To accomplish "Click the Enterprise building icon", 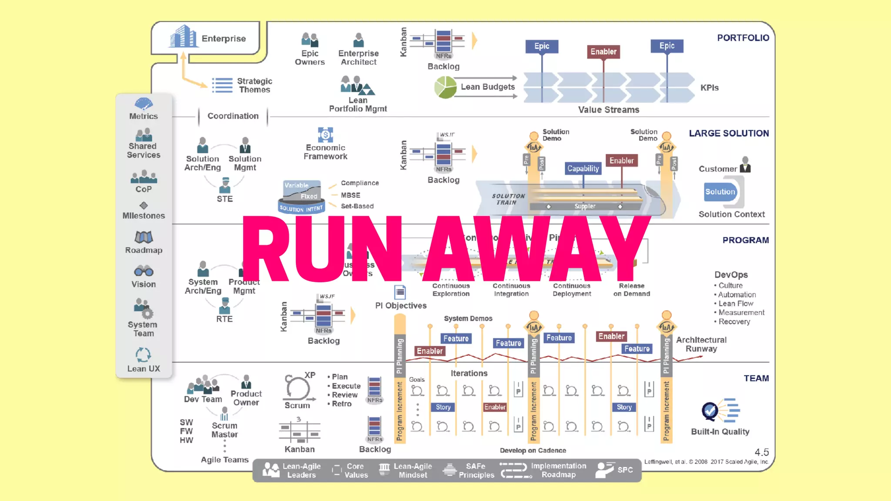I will (x=183, y=37).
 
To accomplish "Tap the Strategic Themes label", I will (x=255, y=85).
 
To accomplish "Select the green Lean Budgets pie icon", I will (x=445, y=87).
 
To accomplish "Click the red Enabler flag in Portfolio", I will (x=603, y=52).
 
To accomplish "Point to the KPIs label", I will (x=709, y=88).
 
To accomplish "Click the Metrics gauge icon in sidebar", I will (x=144, y=104).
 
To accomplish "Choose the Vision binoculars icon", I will (x=144, y=271).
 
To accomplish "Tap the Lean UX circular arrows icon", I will (x=143, y=355).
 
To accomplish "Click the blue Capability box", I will (x=583, y=168).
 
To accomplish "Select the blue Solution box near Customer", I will (x=720, y=192).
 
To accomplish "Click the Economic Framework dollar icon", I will (x=325, y=135).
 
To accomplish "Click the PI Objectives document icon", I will (x=400, y=292).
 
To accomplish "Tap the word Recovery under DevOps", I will (x=734, y=322).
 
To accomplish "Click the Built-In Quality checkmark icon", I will (x=710, y=410).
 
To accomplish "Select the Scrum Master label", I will (x=224, y=430).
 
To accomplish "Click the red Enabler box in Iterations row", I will (x=495, y=407).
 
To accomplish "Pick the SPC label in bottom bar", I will (x=625, y=470).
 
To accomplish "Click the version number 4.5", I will (x=761, y=452).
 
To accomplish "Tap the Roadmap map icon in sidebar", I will (x=144, y=237).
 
